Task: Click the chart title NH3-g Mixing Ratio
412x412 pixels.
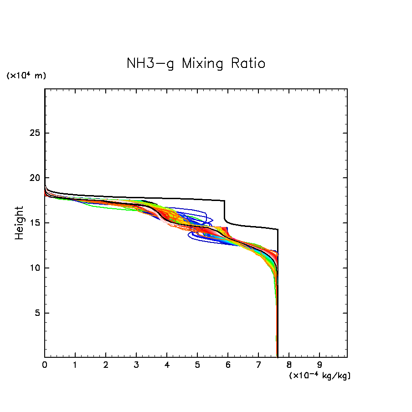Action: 196,63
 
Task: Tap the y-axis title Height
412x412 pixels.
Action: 19,223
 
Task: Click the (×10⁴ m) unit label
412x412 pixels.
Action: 26,76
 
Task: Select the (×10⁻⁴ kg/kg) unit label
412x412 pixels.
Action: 319,376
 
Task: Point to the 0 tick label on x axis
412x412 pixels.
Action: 45,365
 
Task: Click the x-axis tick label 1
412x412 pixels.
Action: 75,365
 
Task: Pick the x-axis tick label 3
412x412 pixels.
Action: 136,365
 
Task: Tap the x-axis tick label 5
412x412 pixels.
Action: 197,365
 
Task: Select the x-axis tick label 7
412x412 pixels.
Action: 258,365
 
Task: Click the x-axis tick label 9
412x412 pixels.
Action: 319,365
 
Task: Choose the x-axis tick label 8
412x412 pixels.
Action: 289,365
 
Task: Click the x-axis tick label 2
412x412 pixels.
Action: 106,365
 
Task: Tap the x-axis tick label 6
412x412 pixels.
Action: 228,365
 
